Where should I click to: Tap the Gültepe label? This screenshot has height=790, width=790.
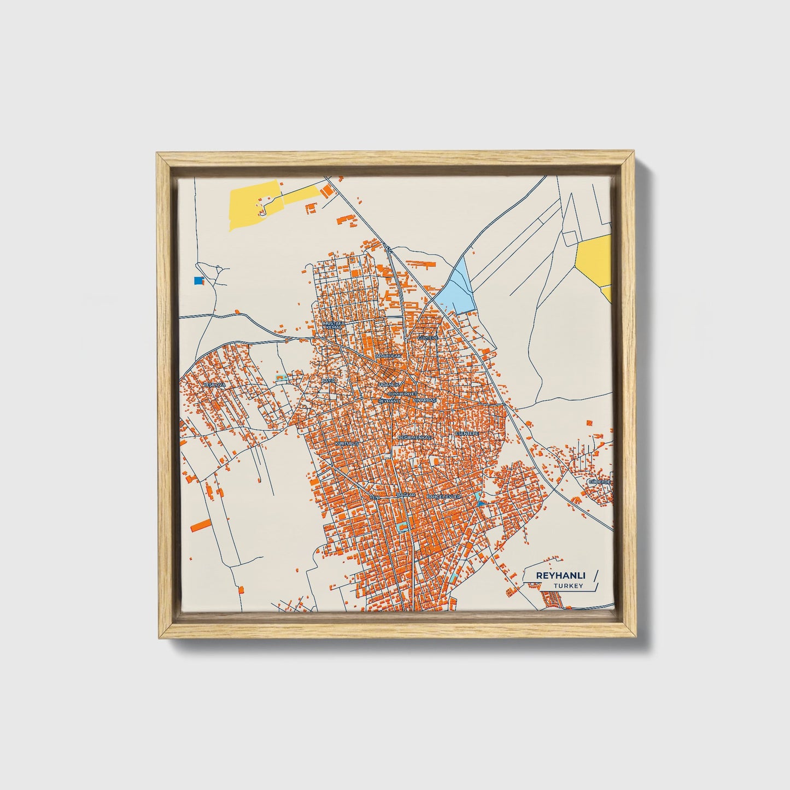click(428, 338)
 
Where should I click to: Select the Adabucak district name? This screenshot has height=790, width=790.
click(388, 356)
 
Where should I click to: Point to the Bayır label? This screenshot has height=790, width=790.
click(328, 379)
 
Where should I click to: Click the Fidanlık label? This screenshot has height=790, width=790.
click(389, 385)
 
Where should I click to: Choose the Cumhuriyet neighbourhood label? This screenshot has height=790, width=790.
click(402, 394)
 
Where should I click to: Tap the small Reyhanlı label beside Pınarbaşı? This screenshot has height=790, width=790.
click(390, 401)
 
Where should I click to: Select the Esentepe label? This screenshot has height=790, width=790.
click(467, 433)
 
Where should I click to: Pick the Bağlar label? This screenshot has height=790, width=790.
click(406, 495)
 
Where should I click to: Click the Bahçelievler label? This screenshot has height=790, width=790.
click(444, 496)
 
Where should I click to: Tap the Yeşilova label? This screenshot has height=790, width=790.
click(214, 385)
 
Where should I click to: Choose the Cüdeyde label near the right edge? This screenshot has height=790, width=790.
click(599, 482)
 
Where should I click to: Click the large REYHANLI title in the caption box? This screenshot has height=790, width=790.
click(554, 576)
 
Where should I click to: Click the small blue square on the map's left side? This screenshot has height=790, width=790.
click(198, 280)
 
